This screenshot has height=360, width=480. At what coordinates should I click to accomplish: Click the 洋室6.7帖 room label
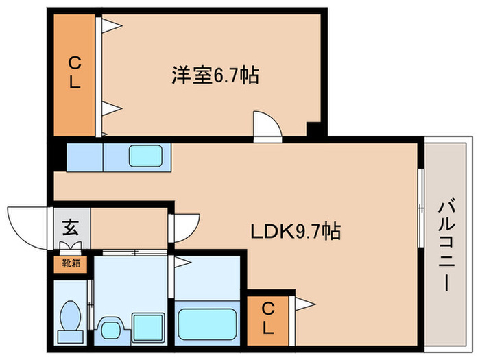point(214,75)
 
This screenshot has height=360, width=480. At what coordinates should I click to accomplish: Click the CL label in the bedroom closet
point(75,74)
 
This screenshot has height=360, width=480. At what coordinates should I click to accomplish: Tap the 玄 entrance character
point(71,226)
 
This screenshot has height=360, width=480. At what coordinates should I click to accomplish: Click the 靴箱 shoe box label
point(71,262)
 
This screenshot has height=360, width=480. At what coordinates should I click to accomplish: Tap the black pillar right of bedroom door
point(313,129)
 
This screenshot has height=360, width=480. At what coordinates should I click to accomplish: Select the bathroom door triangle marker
point(182,261)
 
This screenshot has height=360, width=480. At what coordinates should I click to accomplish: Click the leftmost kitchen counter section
point(84,156)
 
